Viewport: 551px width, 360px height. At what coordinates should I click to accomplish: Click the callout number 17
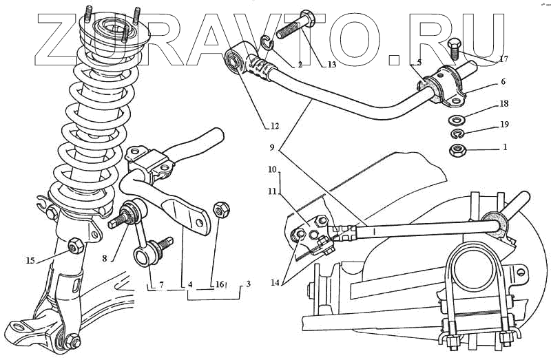[x=504, y=61]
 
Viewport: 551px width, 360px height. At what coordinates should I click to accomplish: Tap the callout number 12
[x=274, y=126]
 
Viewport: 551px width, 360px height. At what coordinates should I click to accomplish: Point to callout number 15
[x=30, y=260]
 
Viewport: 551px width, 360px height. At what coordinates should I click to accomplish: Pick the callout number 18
[x=503, y=103]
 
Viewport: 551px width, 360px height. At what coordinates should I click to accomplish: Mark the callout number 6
[x=503, y=82]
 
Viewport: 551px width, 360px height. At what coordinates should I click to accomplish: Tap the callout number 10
[x=272, y=169]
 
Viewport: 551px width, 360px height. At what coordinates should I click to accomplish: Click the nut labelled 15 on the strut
[x=76, y=244]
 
